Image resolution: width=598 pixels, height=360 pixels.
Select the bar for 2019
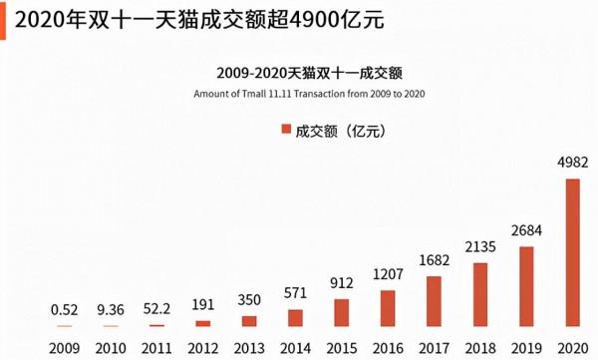(526, 286)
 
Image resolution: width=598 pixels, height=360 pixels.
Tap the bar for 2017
(434, 301)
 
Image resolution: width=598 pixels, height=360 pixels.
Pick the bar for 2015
(342, 313)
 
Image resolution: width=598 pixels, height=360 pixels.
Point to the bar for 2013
(249, 321)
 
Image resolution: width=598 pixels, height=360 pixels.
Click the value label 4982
(572, 162)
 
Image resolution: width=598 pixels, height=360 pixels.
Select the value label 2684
(526, 230)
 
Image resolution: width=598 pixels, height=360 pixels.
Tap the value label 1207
(388, 273)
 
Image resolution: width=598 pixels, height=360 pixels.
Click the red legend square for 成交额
(285, 130)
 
